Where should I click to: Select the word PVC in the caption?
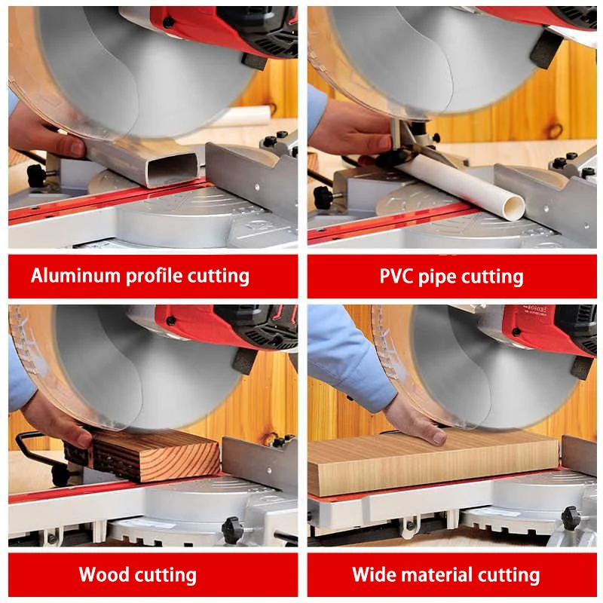pos(396,276)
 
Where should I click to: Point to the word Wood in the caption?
pos(104,574)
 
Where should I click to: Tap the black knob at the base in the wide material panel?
pos(571,517)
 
